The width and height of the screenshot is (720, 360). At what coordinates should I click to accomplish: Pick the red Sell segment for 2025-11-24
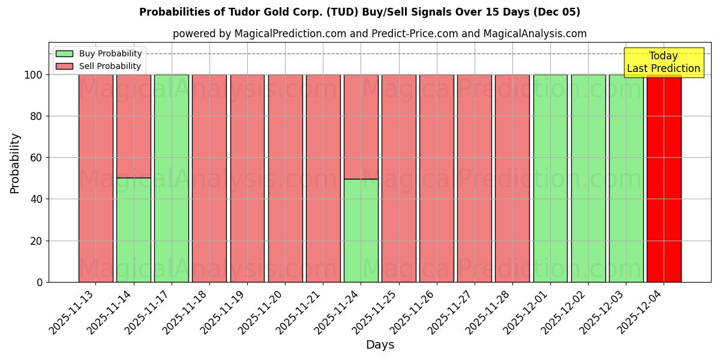pyautogui.click(x=361, y=127)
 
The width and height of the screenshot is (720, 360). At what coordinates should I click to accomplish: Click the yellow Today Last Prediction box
pyautogui.click(x=664, y=62)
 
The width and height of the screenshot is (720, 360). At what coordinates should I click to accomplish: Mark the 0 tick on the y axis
pyautogui.click(x=40, y=282)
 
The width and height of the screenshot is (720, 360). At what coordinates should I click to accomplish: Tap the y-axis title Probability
pyautogui.click(x=15, y=163)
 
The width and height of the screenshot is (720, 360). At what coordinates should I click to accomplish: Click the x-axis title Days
pyautogui.click(x=380, y=345)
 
